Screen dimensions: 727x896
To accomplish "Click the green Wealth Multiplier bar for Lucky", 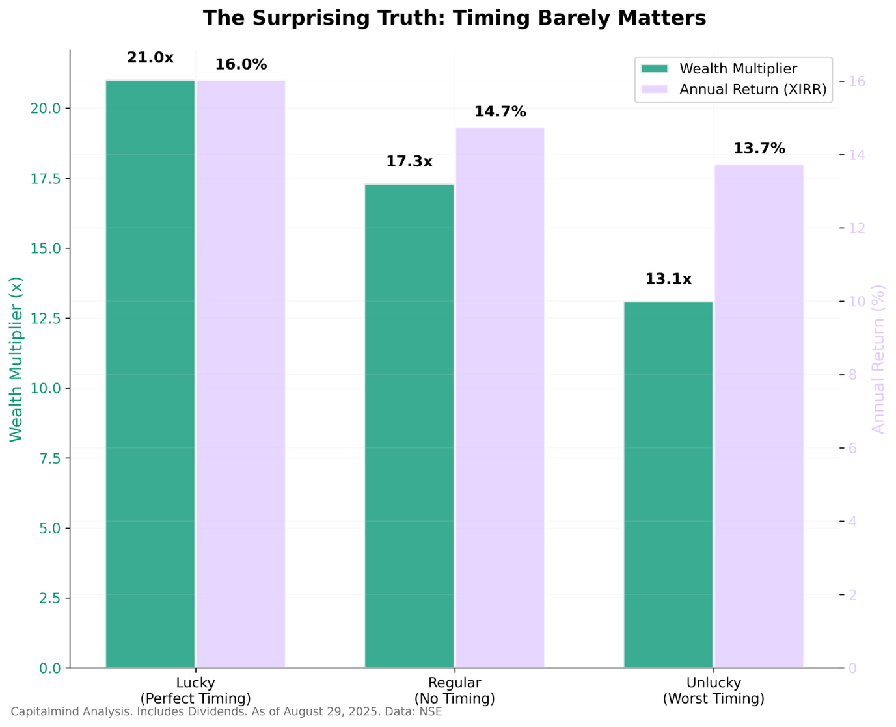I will tap(150, 374).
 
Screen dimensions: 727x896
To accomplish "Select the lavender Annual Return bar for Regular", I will tap(500, 397).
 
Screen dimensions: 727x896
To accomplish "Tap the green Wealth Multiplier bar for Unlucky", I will tap(668, 484).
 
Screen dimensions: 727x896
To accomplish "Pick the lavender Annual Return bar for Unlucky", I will tap(759, 416).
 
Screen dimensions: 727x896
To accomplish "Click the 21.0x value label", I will tap(150, 58).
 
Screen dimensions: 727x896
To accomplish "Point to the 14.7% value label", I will tap(500, 112).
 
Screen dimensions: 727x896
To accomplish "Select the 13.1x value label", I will tap(668, 280).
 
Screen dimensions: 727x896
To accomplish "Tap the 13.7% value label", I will tap(759, 149).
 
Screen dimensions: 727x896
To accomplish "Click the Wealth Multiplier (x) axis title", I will tap(16, 359).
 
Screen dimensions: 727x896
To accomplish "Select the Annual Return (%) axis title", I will tap(878, 359).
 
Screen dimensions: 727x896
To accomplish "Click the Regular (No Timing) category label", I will tap(454, 691).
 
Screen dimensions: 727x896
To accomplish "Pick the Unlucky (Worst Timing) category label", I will tap(713, 691).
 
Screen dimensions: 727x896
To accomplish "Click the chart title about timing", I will tap(454, 18).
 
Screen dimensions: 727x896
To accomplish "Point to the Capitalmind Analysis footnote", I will tap(226, 711).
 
